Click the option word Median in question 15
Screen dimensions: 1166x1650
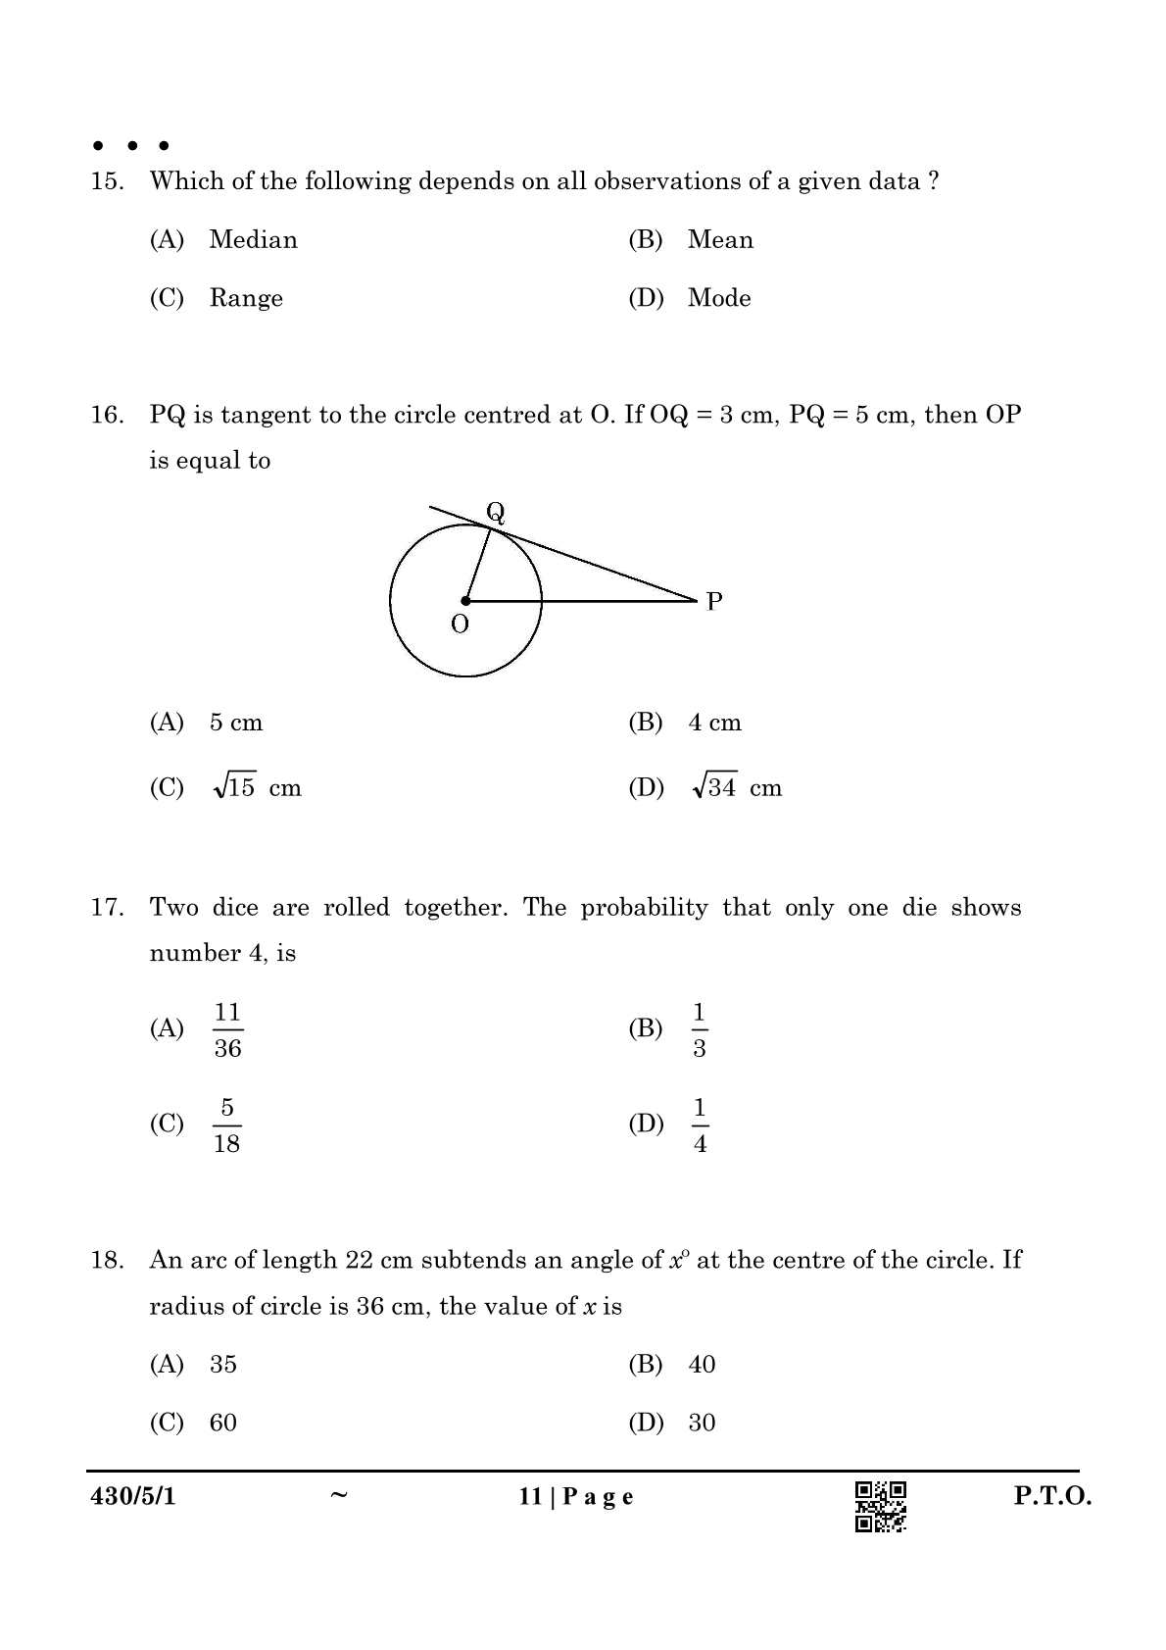coord(253,240)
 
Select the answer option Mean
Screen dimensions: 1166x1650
coord(720,240)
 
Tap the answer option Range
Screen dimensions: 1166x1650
coord(246,298)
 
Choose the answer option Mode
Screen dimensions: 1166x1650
coord(719,298)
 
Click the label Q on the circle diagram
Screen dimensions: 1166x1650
coord(496,512)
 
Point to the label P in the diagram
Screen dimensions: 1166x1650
coord(714,601)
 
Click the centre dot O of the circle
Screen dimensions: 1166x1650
coord(465,600)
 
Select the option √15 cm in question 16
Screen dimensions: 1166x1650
coord(257,788)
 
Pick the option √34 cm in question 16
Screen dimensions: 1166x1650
coord(737,788)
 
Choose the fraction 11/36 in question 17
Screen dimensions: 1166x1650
coord(227,1029)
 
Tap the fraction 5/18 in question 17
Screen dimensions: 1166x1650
coord(227,1125)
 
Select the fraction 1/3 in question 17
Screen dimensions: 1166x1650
coord(700,1029)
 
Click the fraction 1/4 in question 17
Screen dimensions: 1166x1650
coord(700,1125)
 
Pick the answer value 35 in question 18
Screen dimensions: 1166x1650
coord(223,1365)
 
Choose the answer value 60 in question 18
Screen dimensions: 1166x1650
coord(223,1423)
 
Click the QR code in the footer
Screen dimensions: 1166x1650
coord(881,1506)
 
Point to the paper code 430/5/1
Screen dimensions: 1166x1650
coord(133,1496)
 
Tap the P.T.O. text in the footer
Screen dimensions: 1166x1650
coord(1052,1496)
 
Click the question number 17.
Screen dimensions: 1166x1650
coord(107,908)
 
